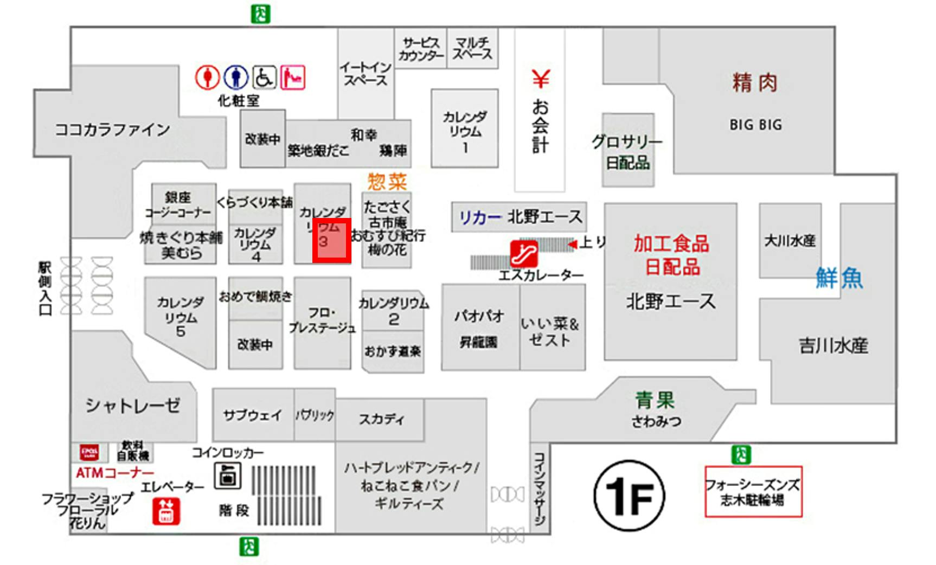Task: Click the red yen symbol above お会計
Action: (540, 79)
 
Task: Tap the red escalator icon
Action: (524, 253)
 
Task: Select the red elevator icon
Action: (166, 511)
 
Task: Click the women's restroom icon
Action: (207, 78)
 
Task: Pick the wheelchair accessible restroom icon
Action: (264, 78)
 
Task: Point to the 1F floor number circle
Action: (629, 496)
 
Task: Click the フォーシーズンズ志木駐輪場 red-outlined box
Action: (753, 491)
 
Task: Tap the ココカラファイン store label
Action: (113, 130)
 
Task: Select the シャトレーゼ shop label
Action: (133, 405)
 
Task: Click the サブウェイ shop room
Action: (253, 415)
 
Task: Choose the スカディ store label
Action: (381, 419)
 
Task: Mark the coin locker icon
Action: (227, 476)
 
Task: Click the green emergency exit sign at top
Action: (260, 14)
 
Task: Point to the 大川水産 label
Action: (790, 241)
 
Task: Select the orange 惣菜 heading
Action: (387, 181)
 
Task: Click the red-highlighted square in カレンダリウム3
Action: (331, 240)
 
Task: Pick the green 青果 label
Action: (655, 400)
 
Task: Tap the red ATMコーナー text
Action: (115, 473)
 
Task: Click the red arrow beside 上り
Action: (572, 245)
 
